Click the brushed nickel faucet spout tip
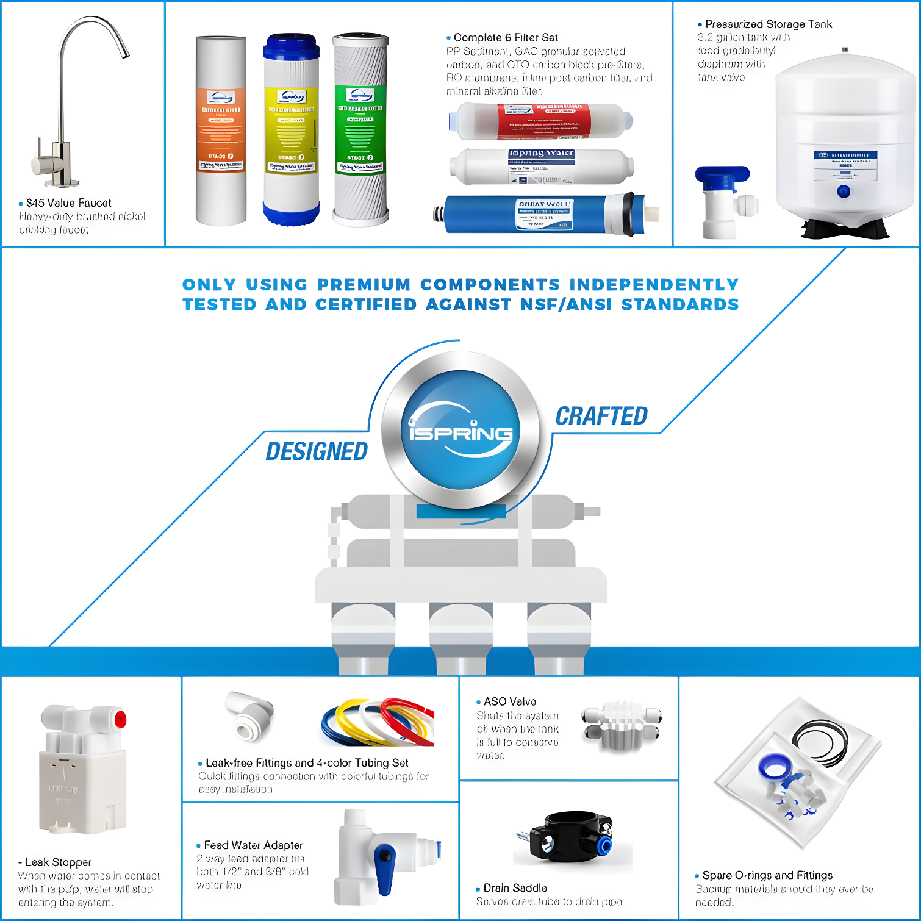click(x=125, y=55)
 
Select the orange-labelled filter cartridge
click(x=221, y=131)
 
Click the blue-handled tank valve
click(x=723, y=176)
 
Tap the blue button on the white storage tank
click(x=844, y=192)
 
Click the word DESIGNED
click(x=317, y=452)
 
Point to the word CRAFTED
click(x=601, y=417)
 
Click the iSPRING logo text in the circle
click(x=460, y=432)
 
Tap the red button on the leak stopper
click(x=120, y=719)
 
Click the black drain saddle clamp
click(x=570, y=836)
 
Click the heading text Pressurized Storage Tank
click(x=769, y=24)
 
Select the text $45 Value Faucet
click(x=68, y=203)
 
